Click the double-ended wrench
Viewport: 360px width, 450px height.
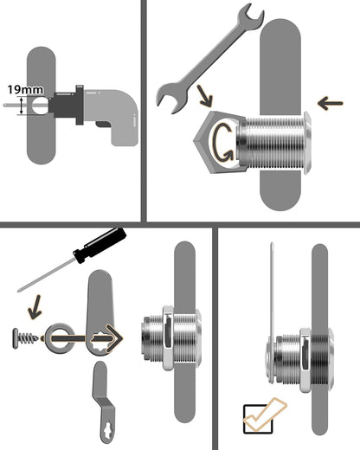coord(210,55)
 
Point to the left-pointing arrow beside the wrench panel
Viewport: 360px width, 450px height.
coord(329,103)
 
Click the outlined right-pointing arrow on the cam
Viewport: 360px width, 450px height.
coord(106,336)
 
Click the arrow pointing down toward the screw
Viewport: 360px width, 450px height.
coord(35,305)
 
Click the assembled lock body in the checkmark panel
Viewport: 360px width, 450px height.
coord(299,355)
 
